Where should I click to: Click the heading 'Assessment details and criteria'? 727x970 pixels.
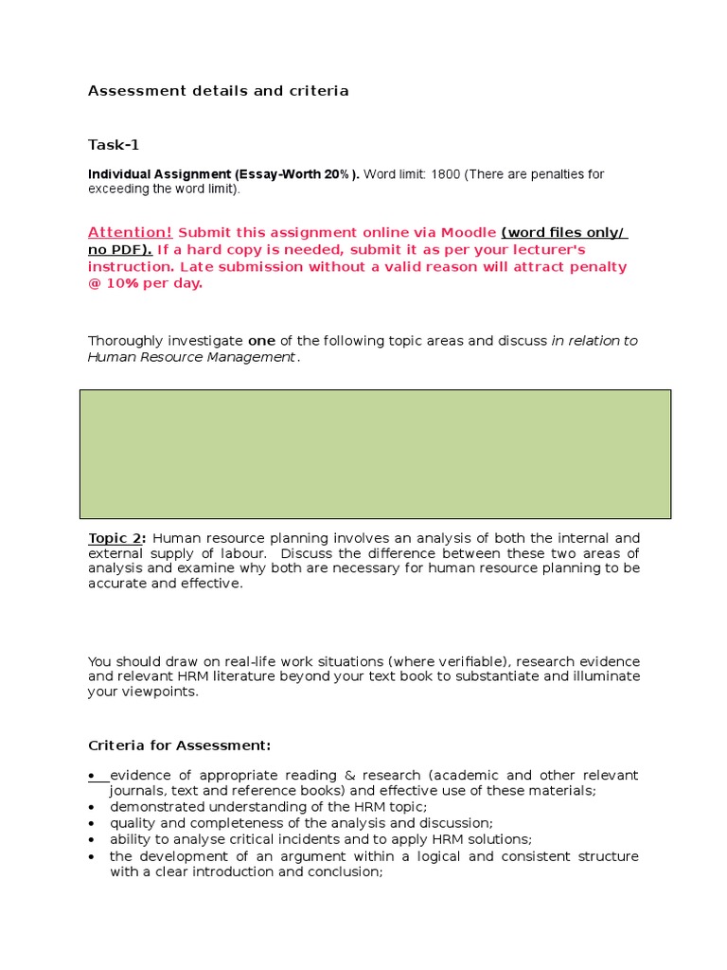pos(218,91)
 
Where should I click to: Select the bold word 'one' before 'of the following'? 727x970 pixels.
pos(261,341)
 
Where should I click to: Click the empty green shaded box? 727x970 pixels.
pos(375,454)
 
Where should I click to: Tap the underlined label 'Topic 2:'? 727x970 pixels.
pos(116,538)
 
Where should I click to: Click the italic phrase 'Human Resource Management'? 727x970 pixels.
pos(191,357)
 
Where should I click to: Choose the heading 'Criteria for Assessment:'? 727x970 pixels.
pos(179,745)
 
